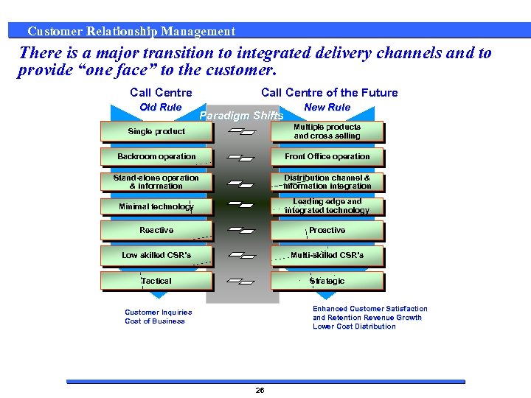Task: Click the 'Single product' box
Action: point(156,132)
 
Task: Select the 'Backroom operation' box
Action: point(156,157)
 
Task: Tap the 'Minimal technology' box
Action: point(156,206)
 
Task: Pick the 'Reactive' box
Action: point(156,231)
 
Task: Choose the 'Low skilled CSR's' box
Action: point(156,256)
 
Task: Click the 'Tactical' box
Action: point(156,281)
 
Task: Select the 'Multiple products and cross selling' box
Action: point(327,132)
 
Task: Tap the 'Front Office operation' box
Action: point(327,157)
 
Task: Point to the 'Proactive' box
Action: point(327,231)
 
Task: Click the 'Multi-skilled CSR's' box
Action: point(327,256)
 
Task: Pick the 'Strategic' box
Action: point(327,281)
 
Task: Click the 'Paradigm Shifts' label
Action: point(241,116)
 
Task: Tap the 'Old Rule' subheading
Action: point(161,107)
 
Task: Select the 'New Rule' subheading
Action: point(327,107)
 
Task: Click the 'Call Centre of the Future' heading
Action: point(329,92)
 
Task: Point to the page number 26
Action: point(260,390)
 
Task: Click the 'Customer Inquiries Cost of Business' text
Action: point(158,317)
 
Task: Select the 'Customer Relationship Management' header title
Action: point(131,31)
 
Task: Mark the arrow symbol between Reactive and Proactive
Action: point(242,231)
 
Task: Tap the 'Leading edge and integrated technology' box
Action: point(327,206)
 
